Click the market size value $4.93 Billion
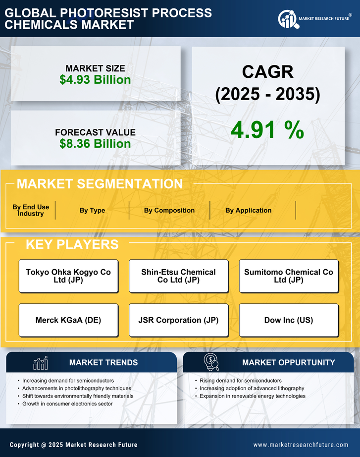click(95, 80)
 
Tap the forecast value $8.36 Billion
click(95, 144)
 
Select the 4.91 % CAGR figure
click(267, 130)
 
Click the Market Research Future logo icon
click(287, 19)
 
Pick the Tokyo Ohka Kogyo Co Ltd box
click(68, 276)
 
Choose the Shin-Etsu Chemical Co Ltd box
click(178, 276)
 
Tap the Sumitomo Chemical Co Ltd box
click(289, 276)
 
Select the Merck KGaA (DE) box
click(68, 320)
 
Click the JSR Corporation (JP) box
click(178, 320)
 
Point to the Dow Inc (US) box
click(289, 320)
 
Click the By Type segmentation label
click(92, 210)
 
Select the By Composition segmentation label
click(169, 210)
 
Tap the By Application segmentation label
click(248, 210)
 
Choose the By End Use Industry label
click(31, 210)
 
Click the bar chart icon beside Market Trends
click(40, 363)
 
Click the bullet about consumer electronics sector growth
click(67, 404)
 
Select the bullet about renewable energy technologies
click(253, 396)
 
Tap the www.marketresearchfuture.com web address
click(301, 445)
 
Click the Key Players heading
click(72, 244)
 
